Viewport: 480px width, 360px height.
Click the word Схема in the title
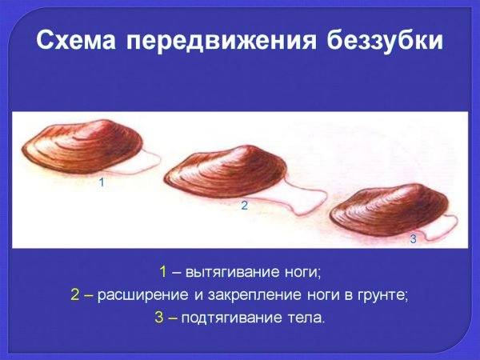tap(77, 40)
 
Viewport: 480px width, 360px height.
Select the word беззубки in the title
tap(385, 40)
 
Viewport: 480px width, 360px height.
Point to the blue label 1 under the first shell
tap(102, 183)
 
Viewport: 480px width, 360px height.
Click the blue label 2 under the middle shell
tap(244, 206)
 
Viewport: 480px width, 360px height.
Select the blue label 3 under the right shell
tap(413, 238)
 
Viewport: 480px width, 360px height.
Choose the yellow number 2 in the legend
tap(75, 294)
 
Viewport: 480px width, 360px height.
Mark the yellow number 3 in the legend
tap(158, 318)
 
